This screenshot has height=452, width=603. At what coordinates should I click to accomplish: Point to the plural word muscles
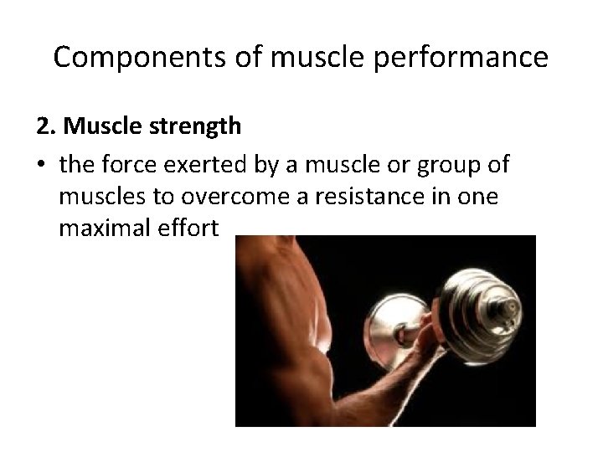pos(98,197)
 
